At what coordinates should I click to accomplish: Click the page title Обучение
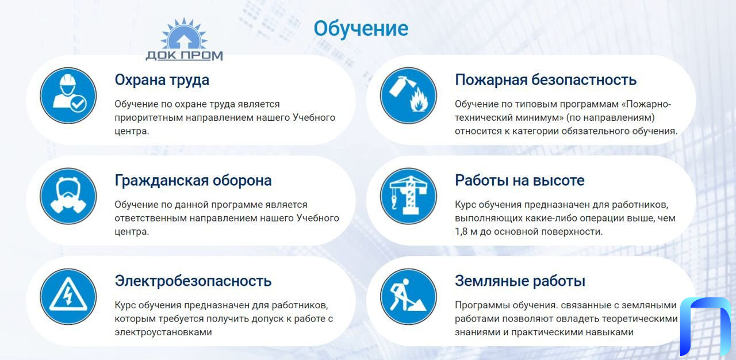(361, 29)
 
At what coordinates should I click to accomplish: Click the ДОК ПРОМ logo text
(184, 56)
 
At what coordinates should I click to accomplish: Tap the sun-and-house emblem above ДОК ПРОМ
(183, 33)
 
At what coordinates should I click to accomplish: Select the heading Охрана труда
(162, 80)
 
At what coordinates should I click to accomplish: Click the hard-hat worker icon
(68, 95)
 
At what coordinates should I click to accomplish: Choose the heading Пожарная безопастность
(546, 80)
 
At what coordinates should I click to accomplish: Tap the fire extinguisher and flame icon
(408, 95)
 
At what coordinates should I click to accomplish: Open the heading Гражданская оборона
(193, 181)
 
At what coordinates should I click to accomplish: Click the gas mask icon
(68, 196)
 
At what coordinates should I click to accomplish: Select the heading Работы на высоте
(519, 181)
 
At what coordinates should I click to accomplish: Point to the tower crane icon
(408, 196)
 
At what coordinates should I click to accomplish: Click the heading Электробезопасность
(193, 281)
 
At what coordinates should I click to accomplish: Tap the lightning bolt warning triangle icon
(68, 297)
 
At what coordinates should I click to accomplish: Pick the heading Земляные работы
(520, 281)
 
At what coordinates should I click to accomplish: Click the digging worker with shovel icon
(408, 297)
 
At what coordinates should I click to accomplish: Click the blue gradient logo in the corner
(705, 326)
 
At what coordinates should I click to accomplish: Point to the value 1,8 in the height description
(461, 232)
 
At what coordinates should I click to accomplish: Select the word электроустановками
(163, 332)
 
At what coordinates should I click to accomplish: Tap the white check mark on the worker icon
(78, 104)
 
